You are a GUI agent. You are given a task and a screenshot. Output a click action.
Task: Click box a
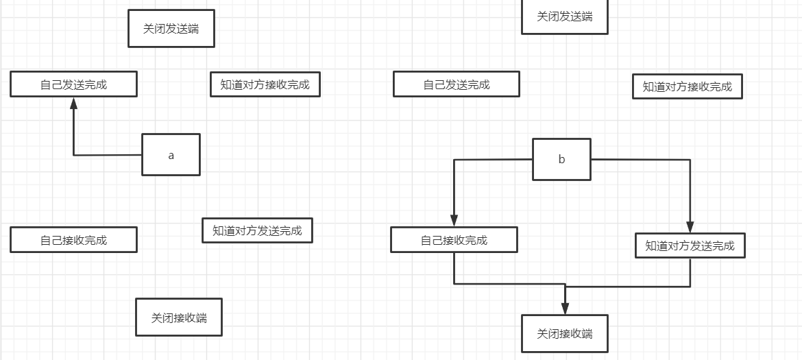pyautogui.click(x=171, y=155)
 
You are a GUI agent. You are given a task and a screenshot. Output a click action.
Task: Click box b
pyautogui.click(x=561, y=159)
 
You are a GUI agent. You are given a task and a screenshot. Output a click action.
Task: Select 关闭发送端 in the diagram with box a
pyautogui.click(x=171, y=29)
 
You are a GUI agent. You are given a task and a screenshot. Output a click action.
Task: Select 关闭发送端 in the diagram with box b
pyautogui.click(x=564, y=16)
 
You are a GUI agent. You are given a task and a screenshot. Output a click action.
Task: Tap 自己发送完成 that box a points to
pyautogui.click(x=73, y=84)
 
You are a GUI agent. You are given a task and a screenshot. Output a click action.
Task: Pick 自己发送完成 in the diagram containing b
pyautogui.click(x=456, y=84)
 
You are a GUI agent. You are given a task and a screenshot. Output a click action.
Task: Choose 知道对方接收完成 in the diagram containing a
pyautogui.click(x=265, y=84)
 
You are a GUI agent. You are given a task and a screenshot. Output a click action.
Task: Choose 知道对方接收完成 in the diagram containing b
pyautogui.click(x=687, y=86)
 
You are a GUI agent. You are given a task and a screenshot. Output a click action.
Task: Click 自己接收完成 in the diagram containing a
pyautogui.click(x=73, y=240)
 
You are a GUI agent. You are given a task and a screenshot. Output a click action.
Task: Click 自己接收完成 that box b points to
pyautogui.click(x=454, y=240)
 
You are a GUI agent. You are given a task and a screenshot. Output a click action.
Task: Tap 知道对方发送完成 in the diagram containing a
pyautogui.click(x=257, y=230)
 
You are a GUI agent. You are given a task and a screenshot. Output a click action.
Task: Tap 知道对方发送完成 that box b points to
pyautogui.click(x=690, y=245)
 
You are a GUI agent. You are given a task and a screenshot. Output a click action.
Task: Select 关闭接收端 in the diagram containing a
pyautogui.click(x=178, y=317)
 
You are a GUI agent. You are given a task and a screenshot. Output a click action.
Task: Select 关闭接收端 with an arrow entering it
pyautogui.click(x=564, y=334)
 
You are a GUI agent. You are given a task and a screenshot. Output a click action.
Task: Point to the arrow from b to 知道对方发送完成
pyautogui.click(x=690, y=192)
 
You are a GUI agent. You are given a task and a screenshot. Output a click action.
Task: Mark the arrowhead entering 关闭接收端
pyautogui.click(x=565, y=308)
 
